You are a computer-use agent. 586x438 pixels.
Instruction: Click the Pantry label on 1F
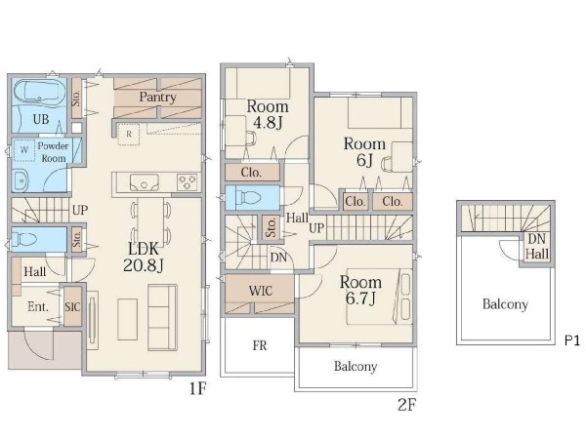157,98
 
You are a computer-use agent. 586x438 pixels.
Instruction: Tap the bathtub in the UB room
40,92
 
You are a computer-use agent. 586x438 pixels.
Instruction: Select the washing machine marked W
24,150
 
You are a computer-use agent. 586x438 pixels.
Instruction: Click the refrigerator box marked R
129,134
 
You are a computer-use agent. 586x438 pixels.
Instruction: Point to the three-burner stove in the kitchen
188,182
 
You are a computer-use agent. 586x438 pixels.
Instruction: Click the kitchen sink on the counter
144,183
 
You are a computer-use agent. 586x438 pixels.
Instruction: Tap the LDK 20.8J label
144,257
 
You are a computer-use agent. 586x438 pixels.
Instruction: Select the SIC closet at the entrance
72,306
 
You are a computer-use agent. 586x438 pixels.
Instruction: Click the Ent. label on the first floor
38,307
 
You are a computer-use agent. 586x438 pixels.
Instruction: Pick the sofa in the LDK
162,317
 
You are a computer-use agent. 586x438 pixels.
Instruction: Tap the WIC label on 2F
261,291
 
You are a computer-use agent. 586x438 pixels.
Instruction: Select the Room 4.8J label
268,114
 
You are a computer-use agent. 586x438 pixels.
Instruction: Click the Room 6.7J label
360,290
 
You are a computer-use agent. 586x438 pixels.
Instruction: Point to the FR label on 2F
260,345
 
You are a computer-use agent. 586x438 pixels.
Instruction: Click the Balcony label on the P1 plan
505,304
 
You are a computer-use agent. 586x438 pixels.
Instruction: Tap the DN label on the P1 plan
536,239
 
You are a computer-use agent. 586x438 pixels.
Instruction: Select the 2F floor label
407,405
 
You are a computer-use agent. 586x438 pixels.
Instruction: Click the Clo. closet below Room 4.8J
252,173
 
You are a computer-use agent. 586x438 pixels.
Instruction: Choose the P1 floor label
571,340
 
